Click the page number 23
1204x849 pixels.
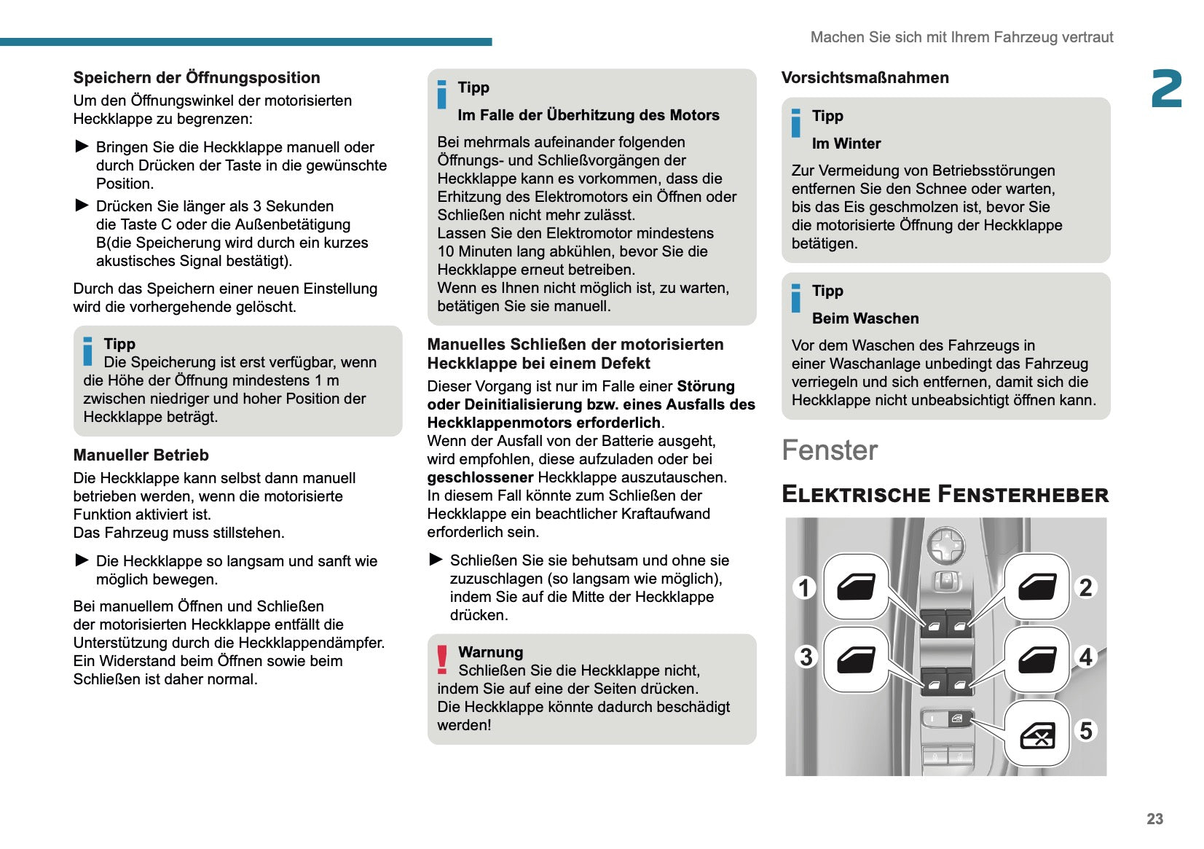point(1154,818)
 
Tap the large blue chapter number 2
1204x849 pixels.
point(1166,89)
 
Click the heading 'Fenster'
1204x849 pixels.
point(830,450)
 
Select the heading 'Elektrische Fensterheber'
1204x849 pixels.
point(945,494)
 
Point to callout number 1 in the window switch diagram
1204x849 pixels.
point(804,587)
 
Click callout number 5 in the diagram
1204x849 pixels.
point(1086,730)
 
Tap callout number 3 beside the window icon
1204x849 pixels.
point(806,657)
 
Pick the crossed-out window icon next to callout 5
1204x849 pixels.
point(1037,735)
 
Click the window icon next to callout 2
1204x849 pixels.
point(1037,587)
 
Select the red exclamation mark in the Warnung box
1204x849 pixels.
point(442,659)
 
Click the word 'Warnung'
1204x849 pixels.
point(490,652)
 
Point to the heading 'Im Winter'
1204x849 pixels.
point(846,144)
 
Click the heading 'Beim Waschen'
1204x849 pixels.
point(865,318)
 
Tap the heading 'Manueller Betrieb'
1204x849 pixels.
point(141,455)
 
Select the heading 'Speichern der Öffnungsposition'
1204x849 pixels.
point(197,78)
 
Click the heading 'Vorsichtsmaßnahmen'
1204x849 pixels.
point(865,78)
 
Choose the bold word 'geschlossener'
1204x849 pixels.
point(480,477)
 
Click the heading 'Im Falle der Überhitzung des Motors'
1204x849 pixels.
point(588,115)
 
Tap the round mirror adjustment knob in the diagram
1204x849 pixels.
point(946,544)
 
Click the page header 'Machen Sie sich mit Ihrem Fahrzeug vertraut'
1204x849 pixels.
point(961,37)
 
